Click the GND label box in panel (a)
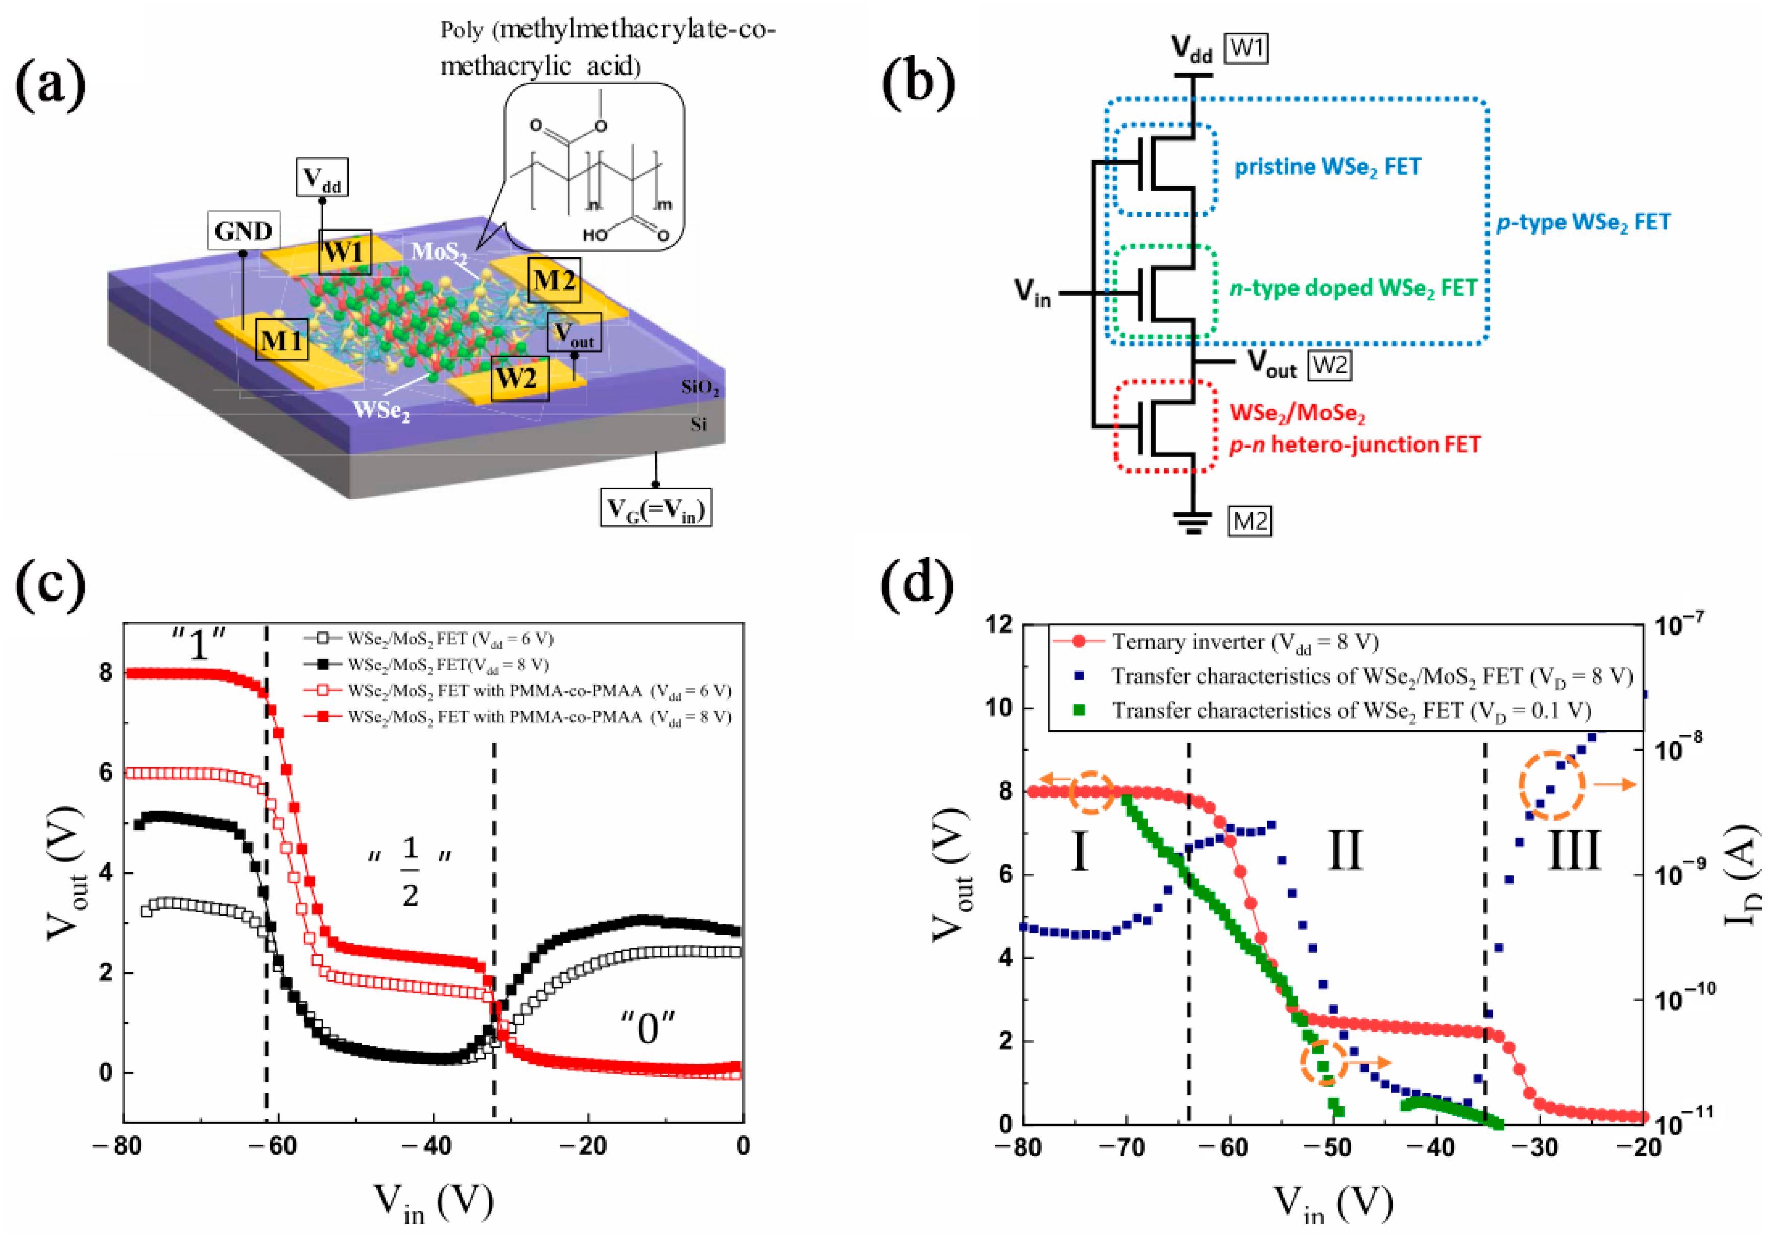(244, 230)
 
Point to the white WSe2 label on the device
(381, 409)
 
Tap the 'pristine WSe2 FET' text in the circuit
(1327, 167)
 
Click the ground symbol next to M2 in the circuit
(1193, 522)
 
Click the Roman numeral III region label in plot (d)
(1573, 850)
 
